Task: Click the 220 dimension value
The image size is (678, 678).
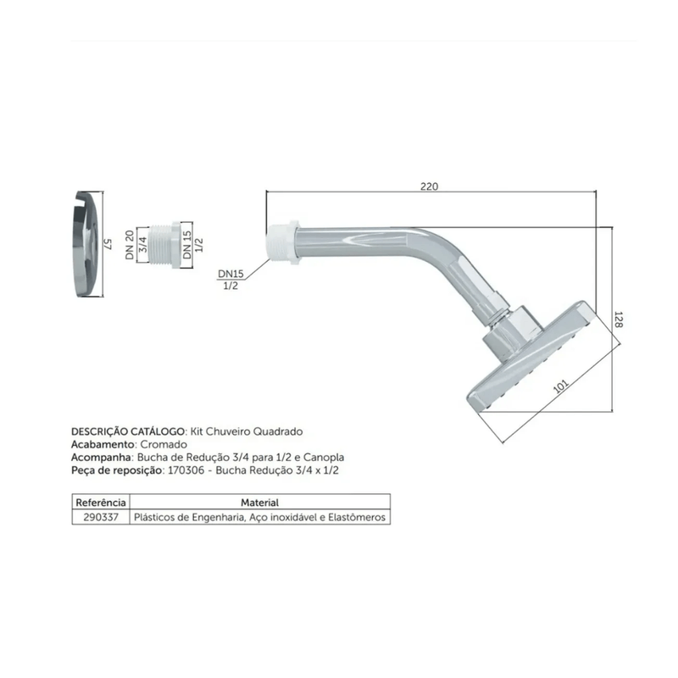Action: point(429,186)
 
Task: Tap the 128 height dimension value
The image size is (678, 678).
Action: point(619,320)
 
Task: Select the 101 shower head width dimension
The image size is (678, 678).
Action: point(560,386)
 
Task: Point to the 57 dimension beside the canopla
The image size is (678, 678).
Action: point(108,244)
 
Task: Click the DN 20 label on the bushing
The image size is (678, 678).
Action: point(130,245)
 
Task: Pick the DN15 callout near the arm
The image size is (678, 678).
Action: point(231,274)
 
